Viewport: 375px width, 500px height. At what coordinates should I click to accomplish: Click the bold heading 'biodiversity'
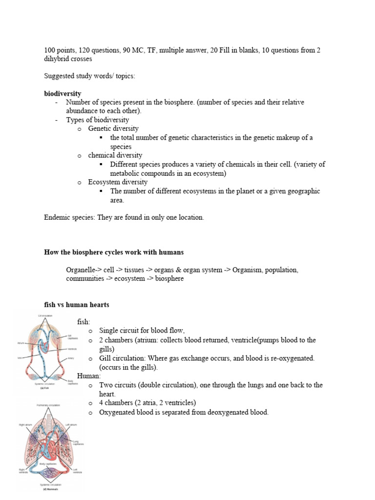click(62, 93)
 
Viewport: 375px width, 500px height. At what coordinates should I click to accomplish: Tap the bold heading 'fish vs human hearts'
click(77, 305)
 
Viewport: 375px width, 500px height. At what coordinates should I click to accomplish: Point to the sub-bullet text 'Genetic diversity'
click(113, 128)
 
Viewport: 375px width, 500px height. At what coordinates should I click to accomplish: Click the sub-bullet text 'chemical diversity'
click(115, 155)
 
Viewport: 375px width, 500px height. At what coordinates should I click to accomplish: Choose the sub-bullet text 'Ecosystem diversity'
click(118, 182)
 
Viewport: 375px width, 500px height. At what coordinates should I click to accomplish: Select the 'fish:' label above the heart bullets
click(83, 322)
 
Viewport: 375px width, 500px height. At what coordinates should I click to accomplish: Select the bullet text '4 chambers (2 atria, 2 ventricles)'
click(147, 403)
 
